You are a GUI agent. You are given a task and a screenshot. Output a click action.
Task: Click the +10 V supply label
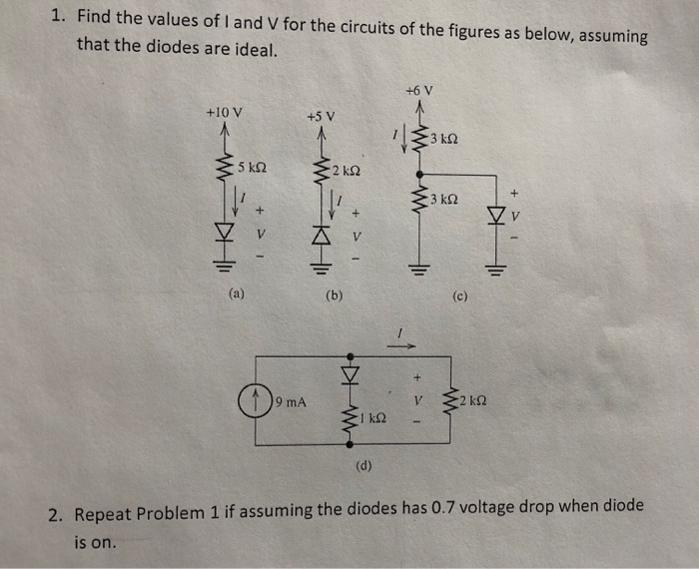tap(224, 111)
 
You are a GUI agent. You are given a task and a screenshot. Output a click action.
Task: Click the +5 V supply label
tap(322, 117)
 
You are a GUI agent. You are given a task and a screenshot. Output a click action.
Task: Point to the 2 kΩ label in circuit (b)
tap(347, 171)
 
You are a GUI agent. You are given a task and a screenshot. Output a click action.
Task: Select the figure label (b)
tap(335, 295)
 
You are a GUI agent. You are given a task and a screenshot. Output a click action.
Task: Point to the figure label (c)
tap(459, 295)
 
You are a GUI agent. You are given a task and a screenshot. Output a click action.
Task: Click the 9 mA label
tap(291, 402)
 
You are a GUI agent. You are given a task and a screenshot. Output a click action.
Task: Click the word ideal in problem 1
tap(252, 49)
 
